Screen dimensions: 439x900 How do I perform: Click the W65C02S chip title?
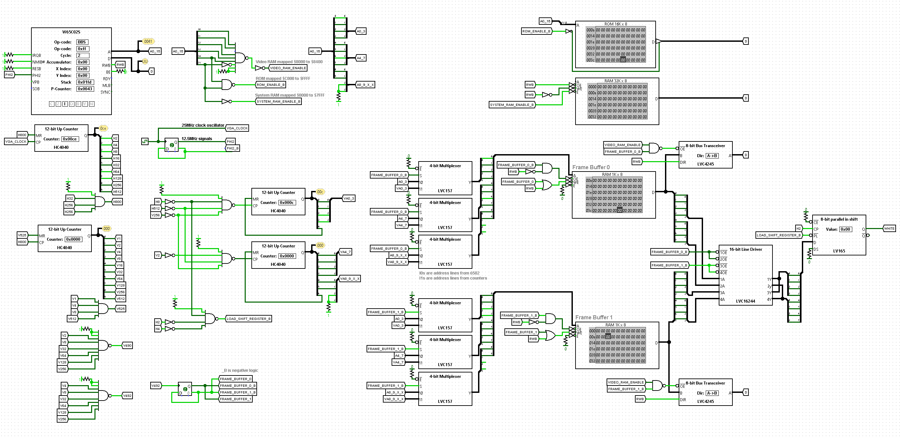click(x=71, y=32)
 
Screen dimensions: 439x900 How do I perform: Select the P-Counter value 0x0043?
click(x=85, y=89)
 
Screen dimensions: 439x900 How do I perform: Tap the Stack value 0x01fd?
click(x=85, y=82)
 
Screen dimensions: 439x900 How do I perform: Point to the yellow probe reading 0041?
click(x=148, y=41)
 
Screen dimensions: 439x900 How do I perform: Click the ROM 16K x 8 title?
click(x=616, y=24)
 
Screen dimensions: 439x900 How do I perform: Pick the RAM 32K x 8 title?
click(x=616, y=81)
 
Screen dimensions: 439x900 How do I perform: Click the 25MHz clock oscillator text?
click(x=203, y=125)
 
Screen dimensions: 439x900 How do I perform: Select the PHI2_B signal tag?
click(x=232, y=148)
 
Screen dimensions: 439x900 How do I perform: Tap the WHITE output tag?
click(x=889, y=229)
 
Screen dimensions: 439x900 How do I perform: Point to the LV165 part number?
click(x=839, y=251)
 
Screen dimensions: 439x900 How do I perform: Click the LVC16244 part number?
click(x=745, y=301)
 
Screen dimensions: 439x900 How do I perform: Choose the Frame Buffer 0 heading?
click(x=591, y=167)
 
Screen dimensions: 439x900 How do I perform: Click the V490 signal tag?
click(x=127, y=346)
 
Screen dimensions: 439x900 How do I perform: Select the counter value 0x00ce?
click(x=70, y=139)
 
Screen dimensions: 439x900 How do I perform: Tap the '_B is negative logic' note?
click(x=240, y=370)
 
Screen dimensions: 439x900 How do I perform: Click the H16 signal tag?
click(x=116, y=158)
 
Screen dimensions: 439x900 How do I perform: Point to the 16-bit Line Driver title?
click(x=745, y=249)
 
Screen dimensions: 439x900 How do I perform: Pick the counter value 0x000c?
click(x=287, y=203)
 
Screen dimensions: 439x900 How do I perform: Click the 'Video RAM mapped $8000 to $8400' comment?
click(x=289, y=62)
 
